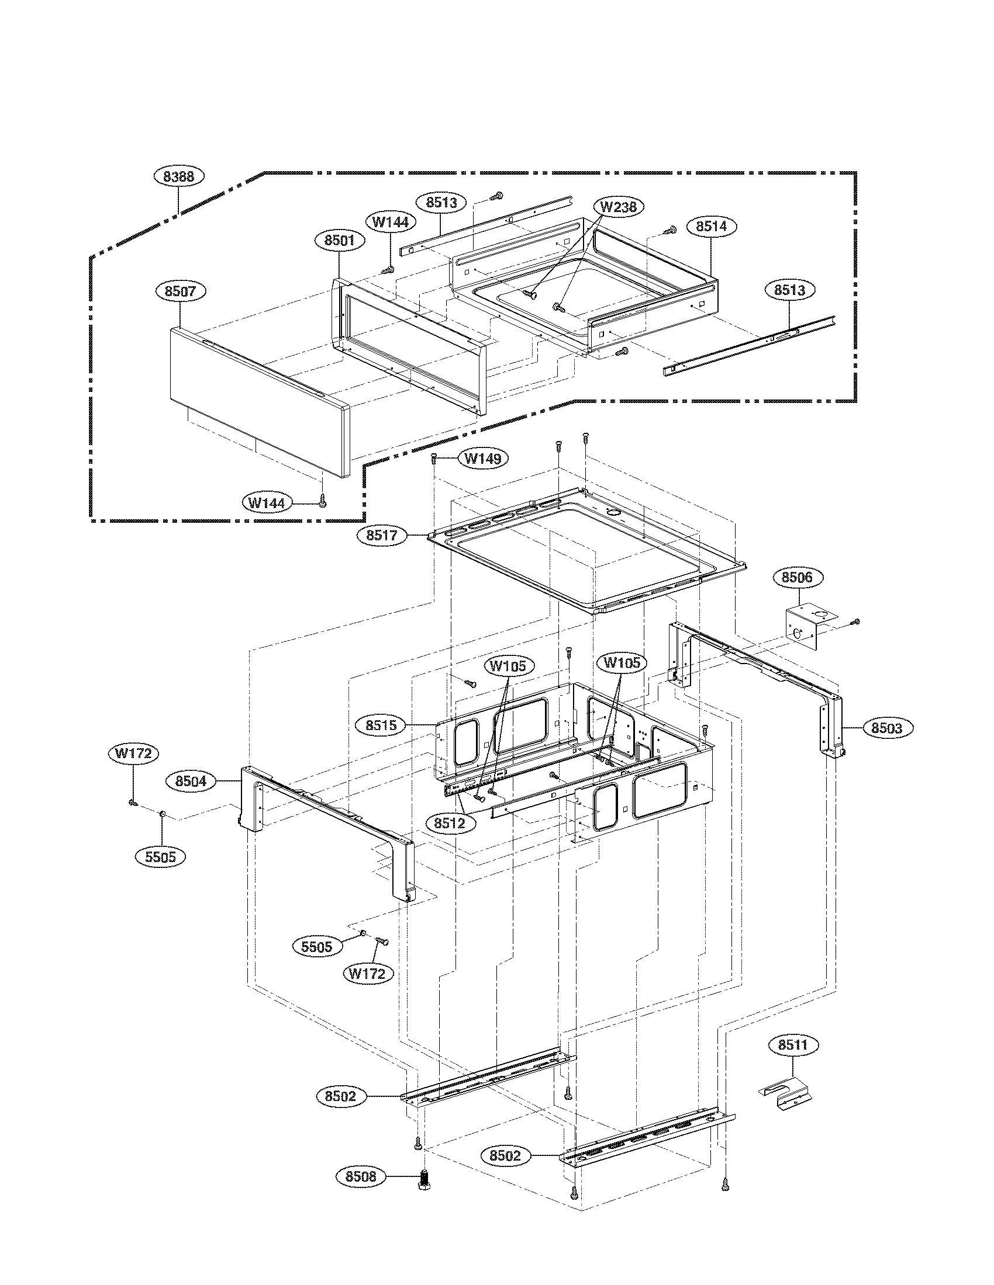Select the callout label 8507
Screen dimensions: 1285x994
(180, 291)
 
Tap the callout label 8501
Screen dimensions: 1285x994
(339, 240)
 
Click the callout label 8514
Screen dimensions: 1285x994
(712, 226)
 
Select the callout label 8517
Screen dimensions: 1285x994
(382, 536)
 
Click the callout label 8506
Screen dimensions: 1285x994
(797, 577)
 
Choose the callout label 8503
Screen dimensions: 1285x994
(886, 728)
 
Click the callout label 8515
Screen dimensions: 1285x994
(381, 725)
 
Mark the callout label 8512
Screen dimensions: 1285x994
(449, 824)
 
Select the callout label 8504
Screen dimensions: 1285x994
(191, 781)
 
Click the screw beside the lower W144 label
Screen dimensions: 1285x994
(322, 501)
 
